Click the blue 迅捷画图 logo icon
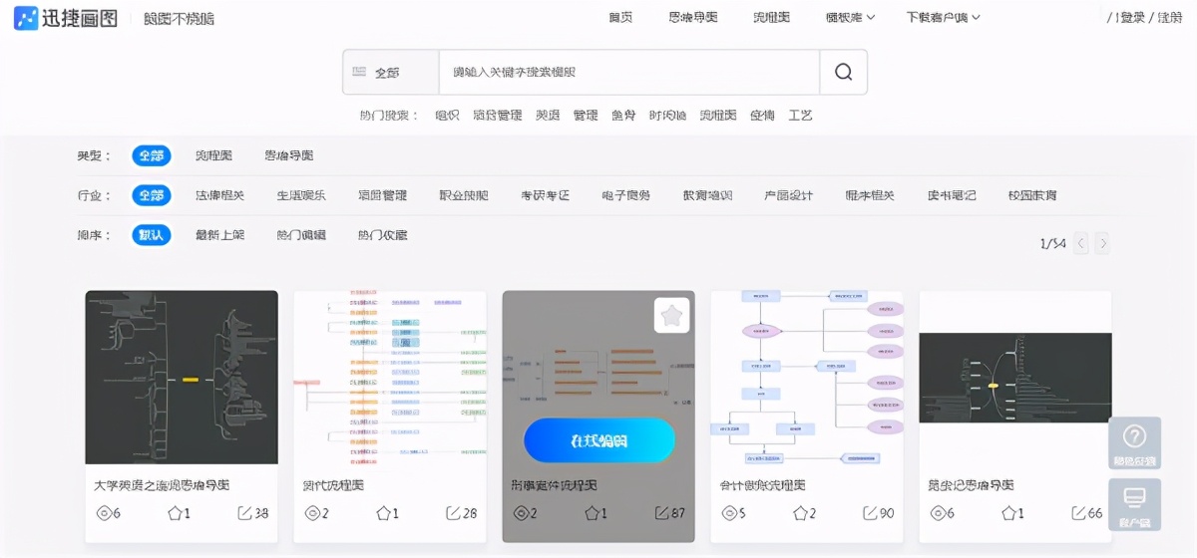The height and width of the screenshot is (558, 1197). pos(26,18)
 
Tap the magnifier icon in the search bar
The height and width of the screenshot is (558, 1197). pos(843,72)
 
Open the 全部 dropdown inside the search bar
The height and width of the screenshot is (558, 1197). pos(389,72)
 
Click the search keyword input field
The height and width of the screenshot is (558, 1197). pos(628,72)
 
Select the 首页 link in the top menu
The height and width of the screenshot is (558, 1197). pos(620,17)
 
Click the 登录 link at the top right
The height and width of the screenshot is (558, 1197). pos(1131,17)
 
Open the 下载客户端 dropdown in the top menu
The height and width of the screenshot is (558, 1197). pos(943,17)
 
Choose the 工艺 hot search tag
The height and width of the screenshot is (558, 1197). pos(800,115)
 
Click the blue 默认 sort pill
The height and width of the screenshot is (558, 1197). pos(152,235)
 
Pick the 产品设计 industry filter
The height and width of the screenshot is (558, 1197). pos(788,195)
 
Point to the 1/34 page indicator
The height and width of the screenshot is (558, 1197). pos(1052,243)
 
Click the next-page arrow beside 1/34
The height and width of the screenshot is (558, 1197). pos(1102,243)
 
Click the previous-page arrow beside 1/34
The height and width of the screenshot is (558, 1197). pos(1081,243)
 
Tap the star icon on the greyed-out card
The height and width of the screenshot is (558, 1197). pos(672,316)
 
